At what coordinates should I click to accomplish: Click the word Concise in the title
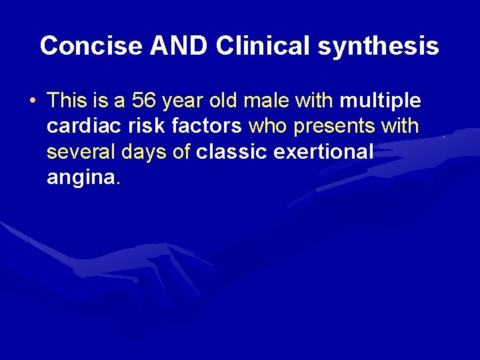[x=91, y=46]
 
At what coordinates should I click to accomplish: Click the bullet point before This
[x=33, y=101]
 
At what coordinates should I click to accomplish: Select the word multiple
[x=380, y=101]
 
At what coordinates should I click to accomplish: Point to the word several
[x=82, y=151]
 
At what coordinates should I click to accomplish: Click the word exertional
[x=323, y=151]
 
